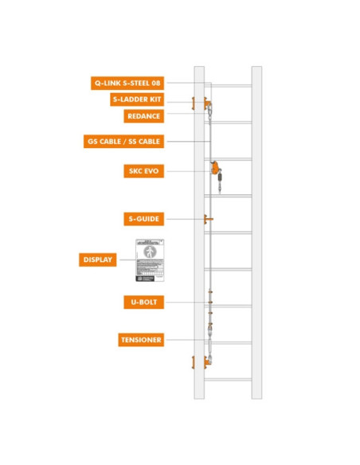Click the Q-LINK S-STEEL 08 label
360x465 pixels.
pyautogui.click(x=127, y=82)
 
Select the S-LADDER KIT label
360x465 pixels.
pyautogui.click(x=137, y=100)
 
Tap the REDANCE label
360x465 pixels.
pyautogui.click(x=144, y=116)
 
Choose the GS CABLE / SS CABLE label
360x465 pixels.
pyautogui.click(x=124, y=142)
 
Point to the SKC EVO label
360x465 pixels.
pyautogui.click(x=144, y=170)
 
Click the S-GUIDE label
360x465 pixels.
pyautogui.click(x=144, y=217)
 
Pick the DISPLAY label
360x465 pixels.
pyautogui.click(x=98, y=260)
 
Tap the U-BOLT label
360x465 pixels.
pyautogui.click(x=144, y=303)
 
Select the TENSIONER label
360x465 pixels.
pyautogui.click(x=141, y=340)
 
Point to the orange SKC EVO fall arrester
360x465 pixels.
pyautogui.click(x=215, y=169)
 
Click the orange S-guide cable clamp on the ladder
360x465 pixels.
pyautogui.click(x=208, y=218)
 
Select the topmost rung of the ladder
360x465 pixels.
pyautogui.click(x=228, y=85)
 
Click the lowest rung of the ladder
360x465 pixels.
pyautogui.click(x=228, y=379)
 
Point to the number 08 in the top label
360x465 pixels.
pyautogui.click(x=155, y=82)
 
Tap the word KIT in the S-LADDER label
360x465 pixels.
pyautogui.click(x=155, y=100)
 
